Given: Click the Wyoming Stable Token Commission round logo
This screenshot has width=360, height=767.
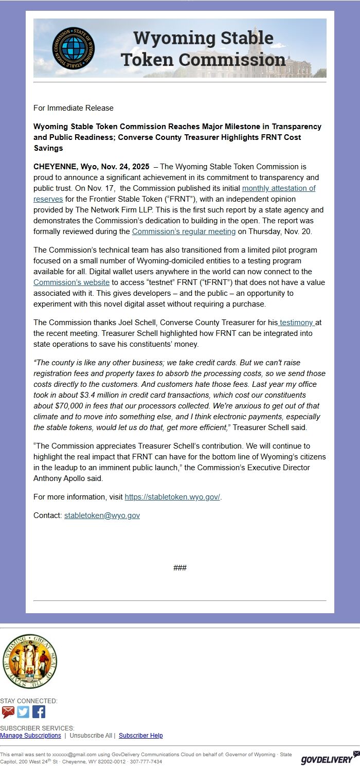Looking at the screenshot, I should tap(74, 48).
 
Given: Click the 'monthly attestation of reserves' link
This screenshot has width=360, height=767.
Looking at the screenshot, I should tap(278, 188).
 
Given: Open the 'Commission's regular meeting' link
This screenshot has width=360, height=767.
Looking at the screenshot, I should tap(184, 231).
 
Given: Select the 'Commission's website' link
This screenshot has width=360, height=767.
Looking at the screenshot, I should tap(71, 282).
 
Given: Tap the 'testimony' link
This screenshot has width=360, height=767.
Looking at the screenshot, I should tap(296, 323).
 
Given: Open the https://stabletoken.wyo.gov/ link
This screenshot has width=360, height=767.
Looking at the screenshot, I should tap(172, 497).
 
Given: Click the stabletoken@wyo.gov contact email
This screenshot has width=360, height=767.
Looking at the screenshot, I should tap(102, 515).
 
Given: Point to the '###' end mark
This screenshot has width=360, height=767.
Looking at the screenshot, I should tap(180, 568).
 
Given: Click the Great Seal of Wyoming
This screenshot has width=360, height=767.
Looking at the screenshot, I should tap(29, 661).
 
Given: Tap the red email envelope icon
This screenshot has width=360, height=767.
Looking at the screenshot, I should tap(8, 712).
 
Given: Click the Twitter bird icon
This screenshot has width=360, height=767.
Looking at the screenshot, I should tap(23, 712).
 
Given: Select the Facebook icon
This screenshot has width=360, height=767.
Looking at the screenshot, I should tap(39, 712).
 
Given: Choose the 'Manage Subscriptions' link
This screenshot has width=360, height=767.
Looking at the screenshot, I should tap(30, 736).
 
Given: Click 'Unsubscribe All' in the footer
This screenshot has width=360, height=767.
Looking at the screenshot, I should tap(91, 736).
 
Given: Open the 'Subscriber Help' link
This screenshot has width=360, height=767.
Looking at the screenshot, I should tap(140, 736).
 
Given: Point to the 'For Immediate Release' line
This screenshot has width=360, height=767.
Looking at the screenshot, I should tap(74, 108).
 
